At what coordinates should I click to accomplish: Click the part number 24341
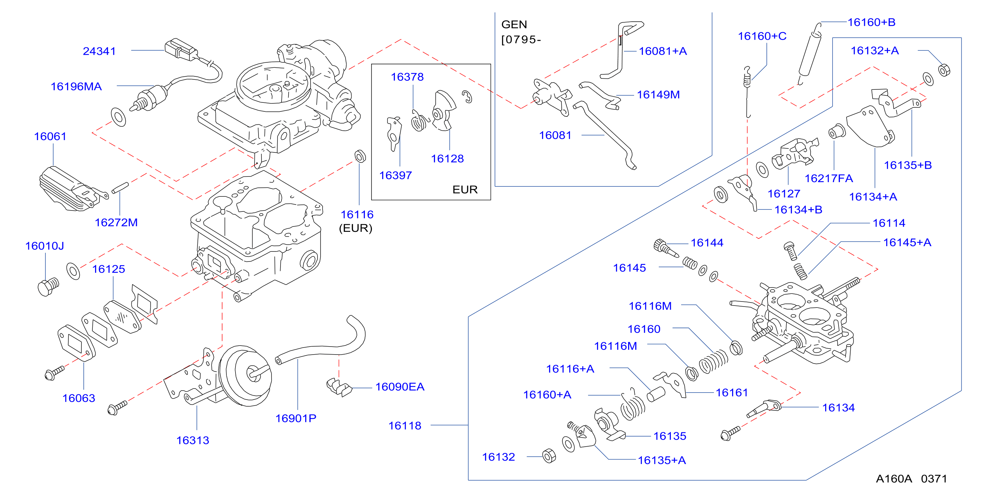(x=99, y=51)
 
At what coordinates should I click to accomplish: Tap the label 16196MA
(x=76, y=86)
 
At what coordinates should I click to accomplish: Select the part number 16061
(x=50, y=136)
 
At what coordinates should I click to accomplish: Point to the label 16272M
(x=116, y=222)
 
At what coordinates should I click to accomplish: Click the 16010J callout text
(x=45, y=246)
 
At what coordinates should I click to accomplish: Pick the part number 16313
(x=192, y=440)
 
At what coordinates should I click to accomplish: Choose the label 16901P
(x=296, y=418)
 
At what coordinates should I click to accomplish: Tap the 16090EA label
(x=400, y=387)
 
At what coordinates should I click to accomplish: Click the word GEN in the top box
(x=514, y=24)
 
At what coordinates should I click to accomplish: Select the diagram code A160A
(x=894, y=479)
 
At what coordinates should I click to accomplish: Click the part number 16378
(x=407, y=77)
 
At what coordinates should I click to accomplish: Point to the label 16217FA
(x=829, y=178)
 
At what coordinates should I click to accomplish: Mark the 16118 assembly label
(x=405, y=426)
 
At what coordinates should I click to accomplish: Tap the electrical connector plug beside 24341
(x=181, y=49)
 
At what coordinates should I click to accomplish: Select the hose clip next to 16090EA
(x=339, y=387)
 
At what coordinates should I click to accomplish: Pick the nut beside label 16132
(x=549, y=456)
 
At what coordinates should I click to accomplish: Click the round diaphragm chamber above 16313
(x=245, y=375)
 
